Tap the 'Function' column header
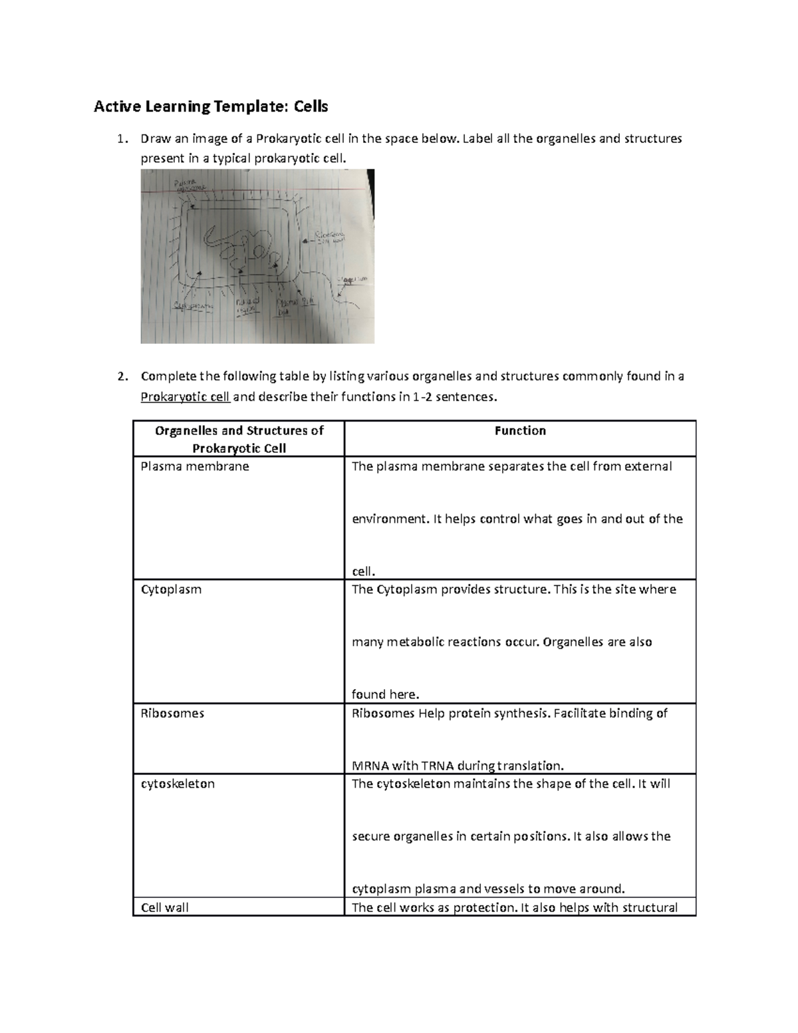coord(520,431)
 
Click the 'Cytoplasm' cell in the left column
coord(171,589)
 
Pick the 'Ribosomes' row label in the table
coord(172,713)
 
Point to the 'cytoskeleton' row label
coord(178,784)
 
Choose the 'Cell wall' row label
coord(164,907)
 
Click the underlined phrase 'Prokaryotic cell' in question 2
coord(185,398)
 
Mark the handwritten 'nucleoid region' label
coord(247,306)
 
